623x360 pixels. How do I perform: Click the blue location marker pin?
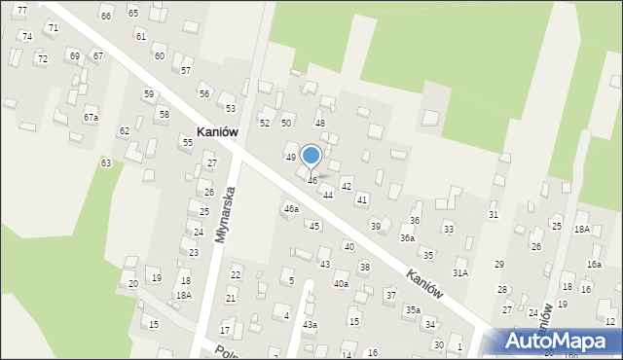coord(311,157)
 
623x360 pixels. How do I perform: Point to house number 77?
coord(21,9)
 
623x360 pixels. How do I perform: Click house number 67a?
coord(91,117)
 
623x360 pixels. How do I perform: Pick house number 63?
coord(105,162)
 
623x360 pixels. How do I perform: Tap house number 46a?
coord(291,208)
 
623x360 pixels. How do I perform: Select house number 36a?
coord(407,237)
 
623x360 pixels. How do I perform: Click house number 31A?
coord(460,272)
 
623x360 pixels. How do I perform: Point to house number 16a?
coord(594,265)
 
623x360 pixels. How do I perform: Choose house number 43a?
coord(310,324)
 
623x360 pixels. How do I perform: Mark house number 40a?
coord(341,284)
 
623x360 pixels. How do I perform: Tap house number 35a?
coord(414,309)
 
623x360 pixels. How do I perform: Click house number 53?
coord(231,108)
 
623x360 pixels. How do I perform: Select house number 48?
coord(319,123)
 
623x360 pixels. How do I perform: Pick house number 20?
coord(133,283)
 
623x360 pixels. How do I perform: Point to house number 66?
coord(105,16)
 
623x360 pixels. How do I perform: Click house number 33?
coord(448,229)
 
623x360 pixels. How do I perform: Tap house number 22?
coord(235,275)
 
